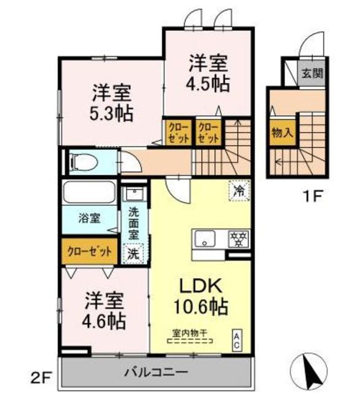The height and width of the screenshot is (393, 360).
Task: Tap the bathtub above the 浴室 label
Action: click(90, 192)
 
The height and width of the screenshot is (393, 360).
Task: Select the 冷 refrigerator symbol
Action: click(239, 190)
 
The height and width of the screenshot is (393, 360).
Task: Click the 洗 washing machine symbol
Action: click(133, 254)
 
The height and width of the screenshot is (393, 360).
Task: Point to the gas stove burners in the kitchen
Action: click(239, 239)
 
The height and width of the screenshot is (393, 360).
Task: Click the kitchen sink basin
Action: click(205, 239)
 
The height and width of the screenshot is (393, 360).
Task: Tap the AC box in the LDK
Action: click(237, 340)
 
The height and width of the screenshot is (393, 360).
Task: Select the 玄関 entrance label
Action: click(312, 74)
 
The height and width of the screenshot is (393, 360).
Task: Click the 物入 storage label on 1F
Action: click(283, 133)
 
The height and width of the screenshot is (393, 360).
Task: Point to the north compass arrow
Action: click(309, 371)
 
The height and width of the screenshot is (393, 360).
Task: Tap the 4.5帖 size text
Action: click(208, 84)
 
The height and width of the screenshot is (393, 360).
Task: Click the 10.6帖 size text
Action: click(201, 306)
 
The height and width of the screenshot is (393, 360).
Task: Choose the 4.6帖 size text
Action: click(104, 321)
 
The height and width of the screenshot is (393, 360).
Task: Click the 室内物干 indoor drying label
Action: click(190, 333)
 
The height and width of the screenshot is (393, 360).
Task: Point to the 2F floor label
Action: click(41, 378)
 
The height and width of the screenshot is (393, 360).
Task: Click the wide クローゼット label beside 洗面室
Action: click(90, 251)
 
